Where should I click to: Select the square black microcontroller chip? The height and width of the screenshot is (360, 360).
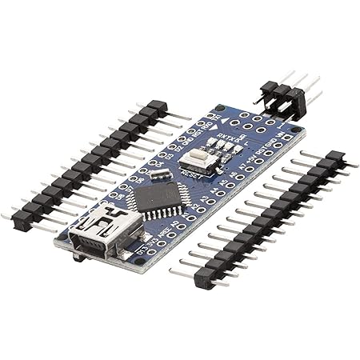click(158, 197)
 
